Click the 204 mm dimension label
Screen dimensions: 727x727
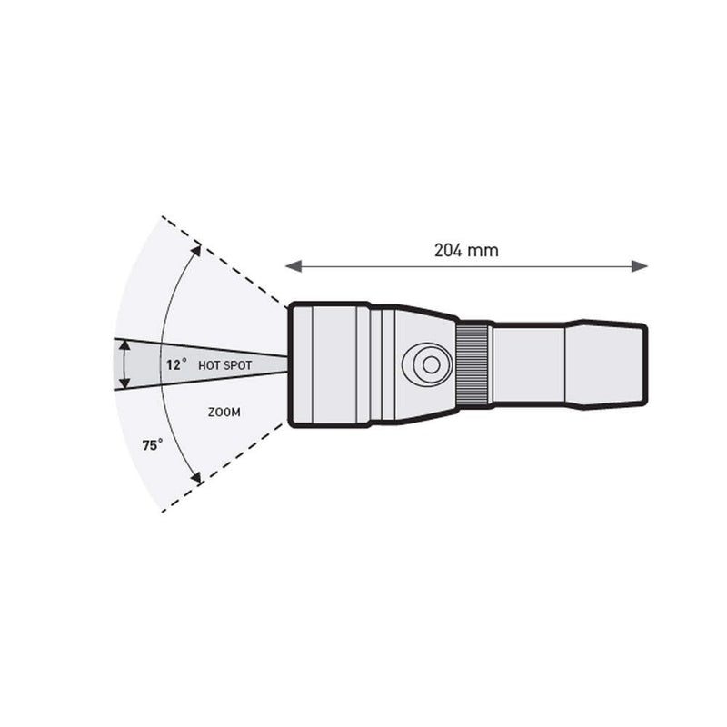pyautogui.click(x=466, y=251)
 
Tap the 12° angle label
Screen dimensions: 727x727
pyautogui.click(x=176, y=364)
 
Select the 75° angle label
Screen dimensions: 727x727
pyautogui.click(x=153, y=445)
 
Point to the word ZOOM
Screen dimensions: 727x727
pyautogui.click(x=224, y=412)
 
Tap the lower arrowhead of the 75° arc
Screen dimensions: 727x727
pyautogui.click(x=195, y=478)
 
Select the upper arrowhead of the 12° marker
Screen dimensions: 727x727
pyautogui.click(x=123, y=348)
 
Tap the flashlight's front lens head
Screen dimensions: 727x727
pyautogui.click(x=329, y=364)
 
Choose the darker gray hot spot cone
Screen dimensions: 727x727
pyautogui.click(x=145, y=364)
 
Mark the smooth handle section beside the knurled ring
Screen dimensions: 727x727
pyautogui.click(x=528, y=364)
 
